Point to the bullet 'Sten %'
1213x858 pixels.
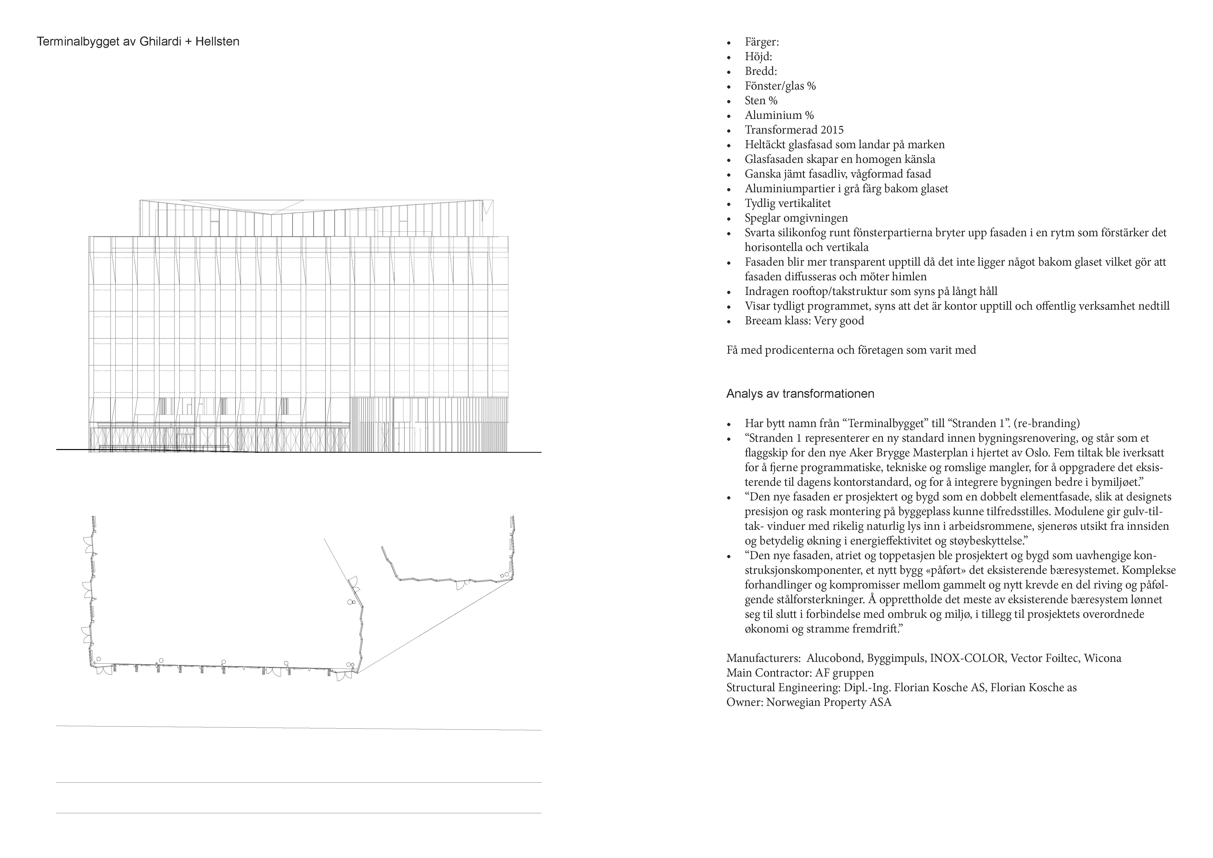click(x=761, y=100)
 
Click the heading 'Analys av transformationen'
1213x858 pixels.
click(x=800, y=394)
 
